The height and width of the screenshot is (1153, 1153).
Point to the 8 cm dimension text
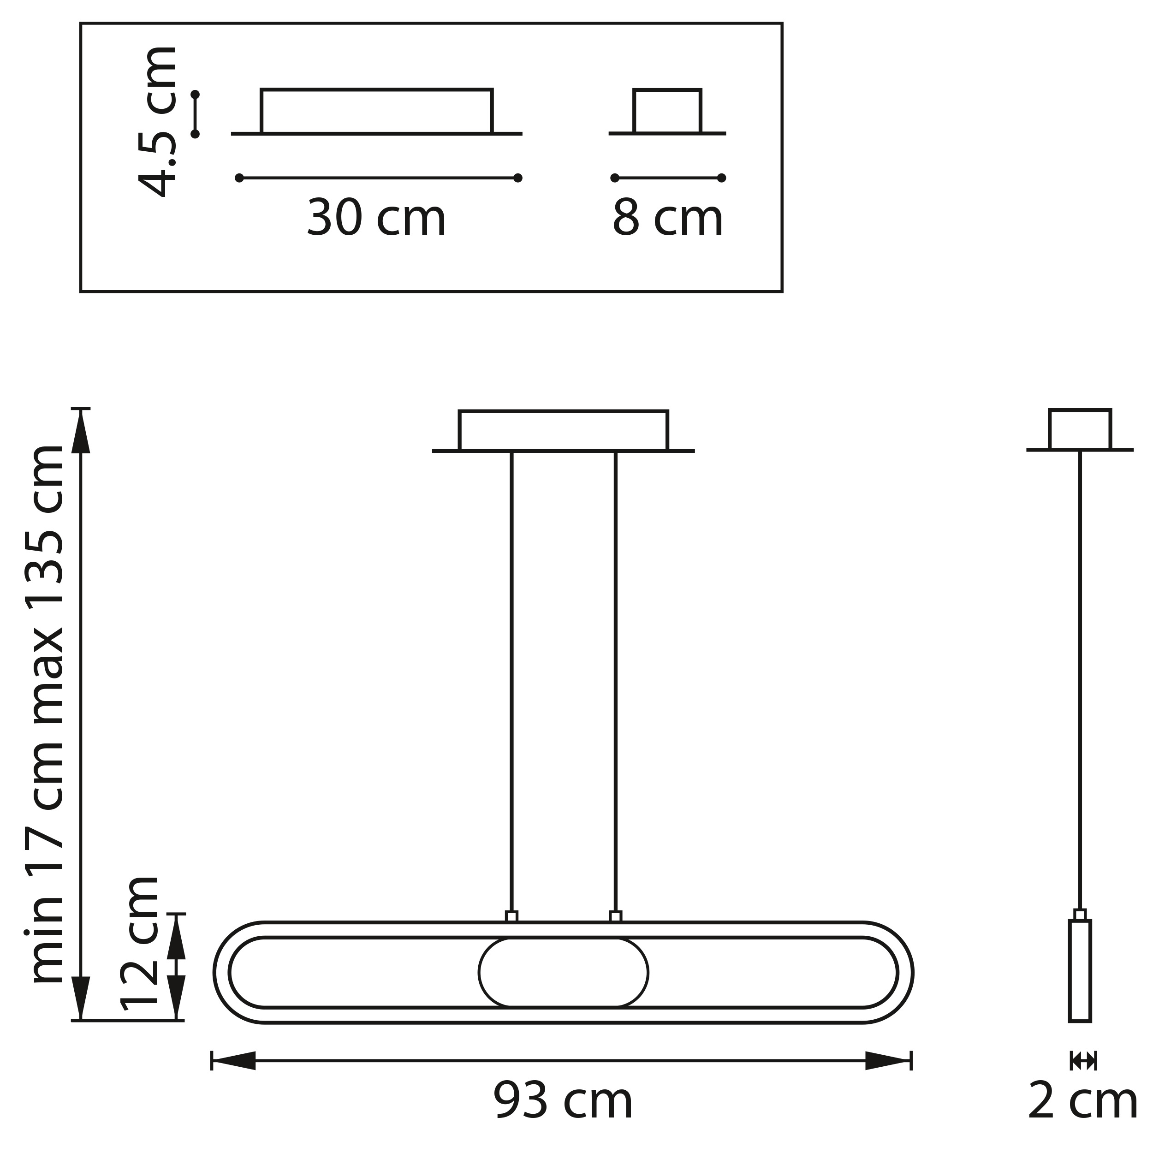(x=667, y=219)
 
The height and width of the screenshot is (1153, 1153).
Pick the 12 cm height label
(x=140, y=944)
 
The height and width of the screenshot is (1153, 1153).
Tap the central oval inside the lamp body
(x=564, y=972)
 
